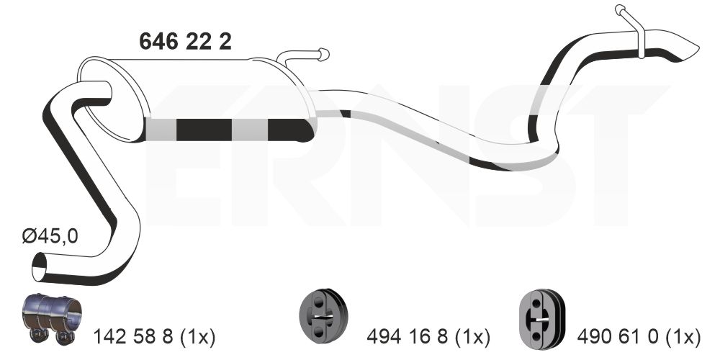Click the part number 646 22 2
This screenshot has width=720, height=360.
[185, 42]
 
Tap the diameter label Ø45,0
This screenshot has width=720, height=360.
[50, 236]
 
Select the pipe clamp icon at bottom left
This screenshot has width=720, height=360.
[52, 318]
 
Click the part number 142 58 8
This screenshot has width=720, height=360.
[133, 338]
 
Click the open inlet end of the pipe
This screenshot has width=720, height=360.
[40, 267]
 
